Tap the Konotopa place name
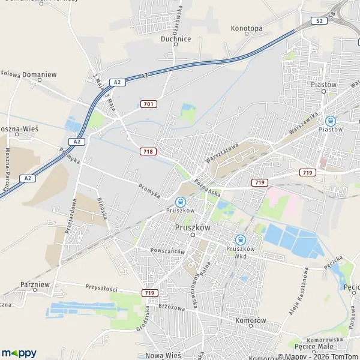pyautogui.click(x=246, y=28)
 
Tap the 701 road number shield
pyautogui.click(x=148, y=104)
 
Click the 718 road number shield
pyautogui.click(x=148, y=151)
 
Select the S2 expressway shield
pyautogui.click(x=319, y=21)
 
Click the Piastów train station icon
pyautogui.click(x=329, y=119)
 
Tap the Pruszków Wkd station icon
pyautogui.click(x=241, y=239)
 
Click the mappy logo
pyautogui.click(x=19, y=353)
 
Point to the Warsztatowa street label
pyautogui.click(x=222, y=154)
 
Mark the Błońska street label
pyautogui.click(x=103, y=208)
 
